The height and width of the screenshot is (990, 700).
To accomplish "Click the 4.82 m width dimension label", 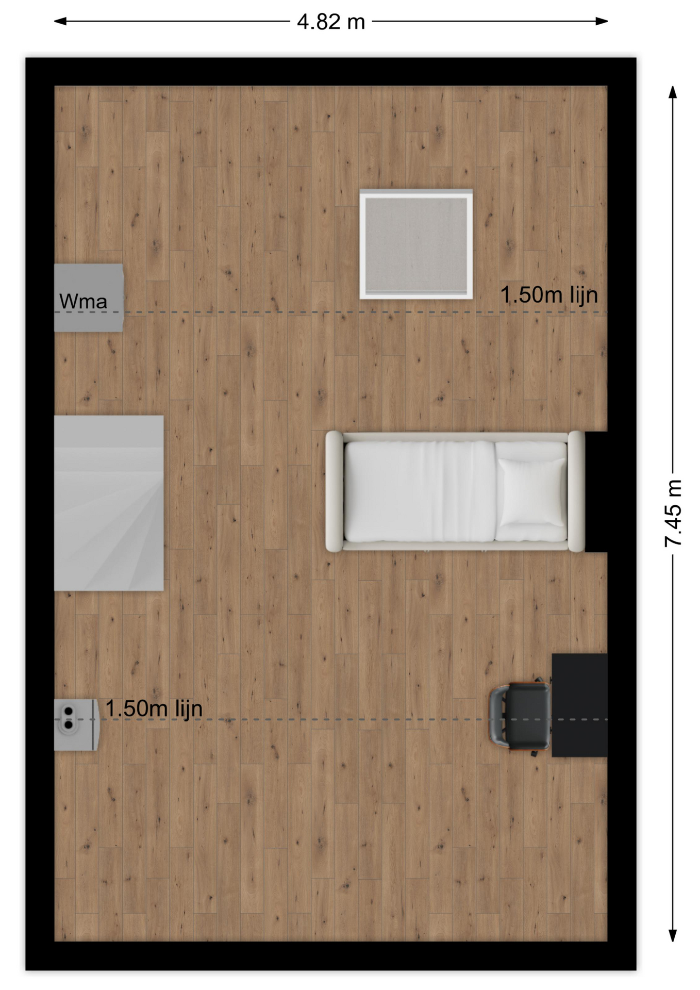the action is click(x=331, y=22).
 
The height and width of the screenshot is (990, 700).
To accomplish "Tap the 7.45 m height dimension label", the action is click(x=673, y=513).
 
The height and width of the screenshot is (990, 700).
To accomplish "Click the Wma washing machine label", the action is click(x=83, y=302).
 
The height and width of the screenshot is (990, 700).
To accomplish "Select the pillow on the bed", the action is click(x=531, y=492).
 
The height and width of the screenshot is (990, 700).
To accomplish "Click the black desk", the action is click(x=579, y=705).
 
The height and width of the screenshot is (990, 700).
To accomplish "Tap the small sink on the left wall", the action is click(x=76, y=724).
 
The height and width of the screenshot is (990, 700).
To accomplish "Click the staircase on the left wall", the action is click(x=109, y=503).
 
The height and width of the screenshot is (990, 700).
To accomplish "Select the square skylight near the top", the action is click(x=416, y=244).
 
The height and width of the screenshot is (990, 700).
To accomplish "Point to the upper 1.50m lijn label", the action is click(x=549, y=295).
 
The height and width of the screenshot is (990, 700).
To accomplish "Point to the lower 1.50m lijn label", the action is click(x=154, y=708).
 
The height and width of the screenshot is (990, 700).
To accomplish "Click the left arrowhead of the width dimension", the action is click(x=60, y=21).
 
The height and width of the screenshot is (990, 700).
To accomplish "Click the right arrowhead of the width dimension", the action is click(x=602, y=21).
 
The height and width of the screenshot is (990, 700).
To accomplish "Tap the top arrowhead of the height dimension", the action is click(x=673, y=92).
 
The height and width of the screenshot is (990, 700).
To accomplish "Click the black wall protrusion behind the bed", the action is click(x=596, y=491).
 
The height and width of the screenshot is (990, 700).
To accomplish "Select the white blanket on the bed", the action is click(x=419, y=491).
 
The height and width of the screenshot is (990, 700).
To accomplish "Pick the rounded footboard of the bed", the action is click(x=334, y=491).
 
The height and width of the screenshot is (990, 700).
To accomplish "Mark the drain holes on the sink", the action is click(x=68, y=718).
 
